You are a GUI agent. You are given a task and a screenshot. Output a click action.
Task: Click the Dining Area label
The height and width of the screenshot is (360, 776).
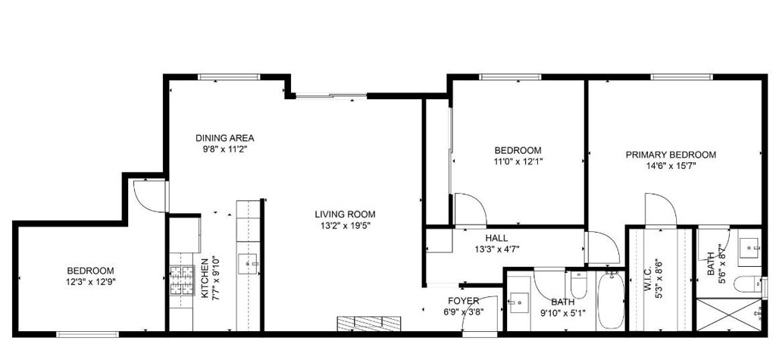tap(224, 138)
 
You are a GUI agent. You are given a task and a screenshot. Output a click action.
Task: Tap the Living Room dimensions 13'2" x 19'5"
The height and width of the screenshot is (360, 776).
tap(345, 225)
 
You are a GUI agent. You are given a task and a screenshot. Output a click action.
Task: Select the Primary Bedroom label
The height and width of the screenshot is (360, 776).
tap(671, 155)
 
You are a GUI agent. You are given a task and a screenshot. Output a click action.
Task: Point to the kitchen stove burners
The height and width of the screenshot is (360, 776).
tap(182, 280)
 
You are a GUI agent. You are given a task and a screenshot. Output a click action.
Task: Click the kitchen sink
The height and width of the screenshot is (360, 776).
tap(249, 264)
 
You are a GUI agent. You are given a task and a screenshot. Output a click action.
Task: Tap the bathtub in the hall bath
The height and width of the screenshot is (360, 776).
tap(610, 301)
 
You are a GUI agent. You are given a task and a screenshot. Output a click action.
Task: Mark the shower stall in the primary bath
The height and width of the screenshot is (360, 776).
tap(729, 315)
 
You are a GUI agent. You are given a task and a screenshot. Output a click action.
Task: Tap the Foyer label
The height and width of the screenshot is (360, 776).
tap(463, 301)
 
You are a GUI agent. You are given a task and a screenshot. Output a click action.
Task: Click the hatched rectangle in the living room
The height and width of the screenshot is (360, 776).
tap(369, 324)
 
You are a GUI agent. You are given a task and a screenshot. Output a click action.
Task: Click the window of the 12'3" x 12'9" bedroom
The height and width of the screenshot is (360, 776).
tap(88, 335)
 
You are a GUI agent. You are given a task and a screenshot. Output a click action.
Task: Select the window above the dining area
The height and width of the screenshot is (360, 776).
tap(229, 77)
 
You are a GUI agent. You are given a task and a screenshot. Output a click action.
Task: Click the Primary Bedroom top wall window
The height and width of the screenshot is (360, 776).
tap(681, 77)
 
